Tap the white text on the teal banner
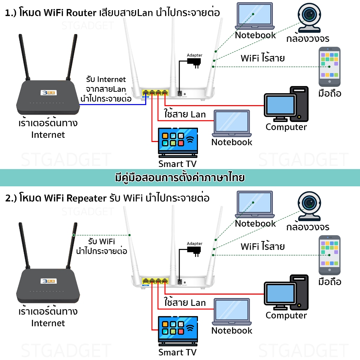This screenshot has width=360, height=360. pos(180,178)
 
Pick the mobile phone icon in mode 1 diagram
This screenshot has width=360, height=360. pos(329,66)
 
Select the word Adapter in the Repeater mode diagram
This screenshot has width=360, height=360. pos(194,244)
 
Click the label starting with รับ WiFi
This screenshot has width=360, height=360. pos(102,246)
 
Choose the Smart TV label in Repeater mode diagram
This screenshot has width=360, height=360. pos(177,352)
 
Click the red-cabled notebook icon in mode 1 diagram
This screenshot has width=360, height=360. pos(232,123)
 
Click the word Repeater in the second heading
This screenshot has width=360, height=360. pos(86,198)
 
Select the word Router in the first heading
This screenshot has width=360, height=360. pos(84,13)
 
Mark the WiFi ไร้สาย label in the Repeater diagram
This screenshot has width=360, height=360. pos(262,246)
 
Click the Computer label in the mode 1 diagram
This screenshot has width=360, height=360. pos(286,127)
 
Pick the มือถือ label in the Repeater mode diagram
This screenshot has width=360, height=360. pos(329,282)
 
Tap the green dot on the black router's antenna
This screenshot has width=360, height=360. pos(73,235)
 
